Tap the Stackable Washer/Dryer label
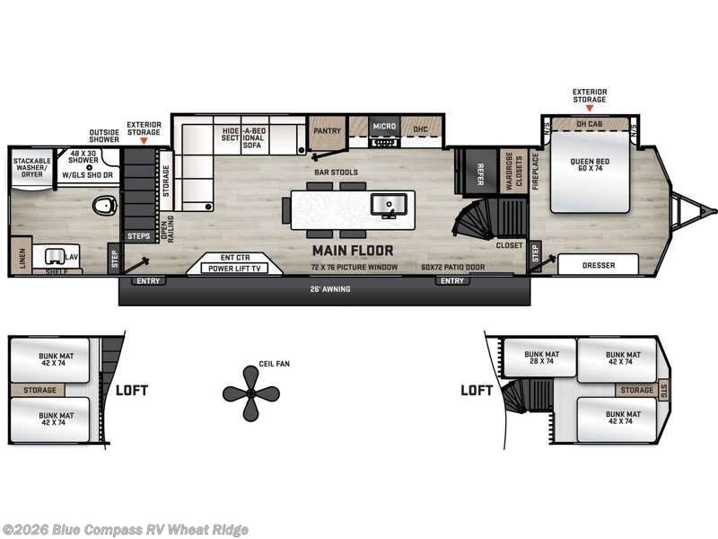[32, 167]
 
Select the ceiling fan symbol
[250, 392]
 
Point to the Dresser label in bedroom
[598, 264]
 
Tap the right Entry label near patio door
[452, 281]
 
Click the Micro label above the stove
[384, 127]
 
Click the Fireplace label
[535, 168]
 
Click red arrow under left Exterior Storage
[144, 142]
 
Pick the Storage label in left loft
[40, 390]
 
